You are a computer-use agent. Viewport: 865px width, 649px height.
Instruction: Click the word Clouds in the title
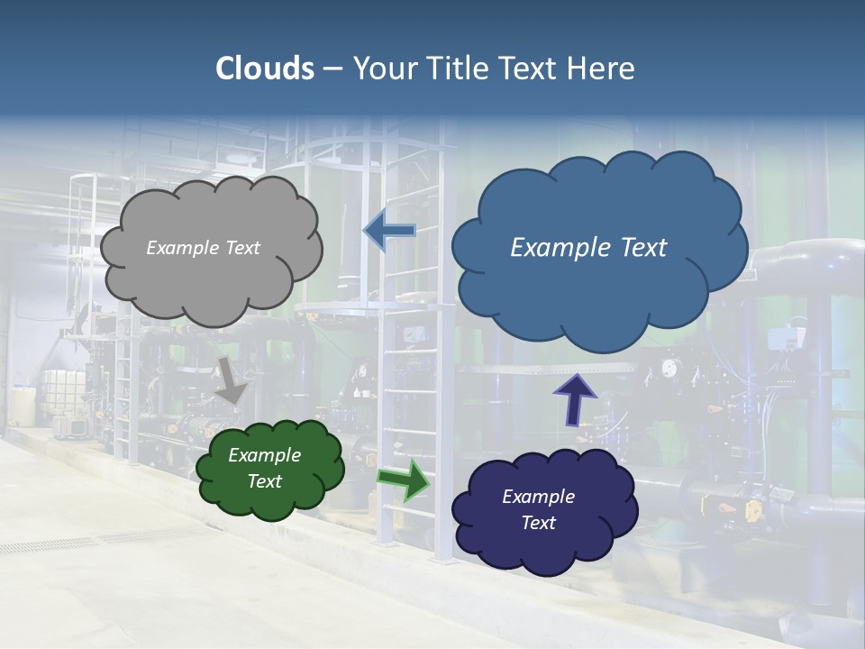[264, 69]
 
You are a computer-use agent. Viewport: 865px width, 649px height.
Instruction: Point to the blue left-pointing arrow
[389, 232]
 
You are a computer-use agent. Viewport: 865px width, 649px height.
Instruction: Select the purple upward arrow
[574, 399]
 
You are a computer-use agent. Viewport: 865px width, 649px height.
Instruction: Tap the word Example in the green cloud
[264, 455]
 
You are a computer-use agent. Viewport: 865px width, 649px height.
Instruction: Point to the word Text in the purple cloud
[538, 523]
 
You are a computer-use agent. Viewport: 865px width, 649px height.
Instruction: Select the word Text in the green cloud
[264, 481]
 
